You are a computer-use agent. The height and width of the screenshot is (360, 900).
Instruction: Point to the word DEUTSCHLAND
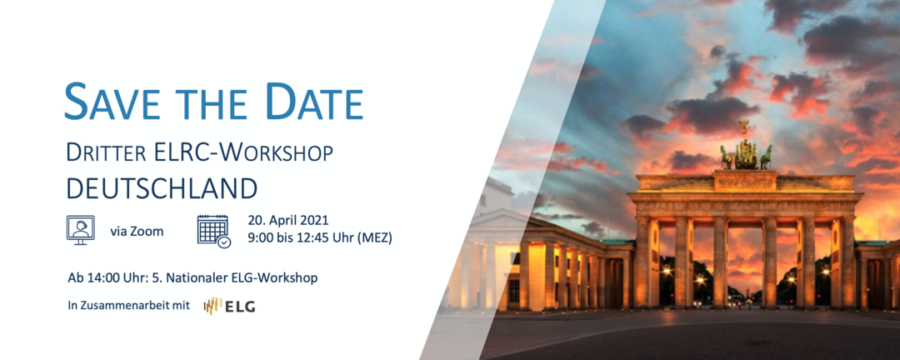(162, 187)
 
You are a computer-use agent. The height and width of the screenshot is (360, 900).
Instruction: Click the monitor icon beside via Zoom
(80, 230)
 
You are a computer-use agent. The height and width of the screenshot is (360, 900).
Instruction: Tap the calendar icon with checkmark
(213, 232)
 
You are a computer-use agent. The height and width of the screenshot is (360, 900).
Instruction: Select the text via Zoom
(137, 232)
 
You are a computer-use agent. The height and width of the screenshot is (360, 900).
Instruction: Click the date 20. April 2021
(288, 221)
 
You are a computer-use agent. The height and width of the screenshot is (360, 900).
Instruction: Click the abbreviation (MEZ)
(375, 237)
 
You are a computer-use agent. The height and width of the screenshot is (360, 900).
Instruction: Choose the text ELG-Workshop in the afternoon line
(283, 278)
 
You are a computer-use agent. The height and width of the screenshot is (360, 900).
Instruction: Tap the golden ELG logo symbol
(213, 306)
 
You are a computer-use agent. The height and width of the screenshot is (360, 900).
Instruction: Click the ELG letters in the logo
(241, 307)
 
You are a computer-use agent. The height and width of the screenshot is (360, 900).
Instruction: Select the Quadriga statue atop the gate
(746, 148)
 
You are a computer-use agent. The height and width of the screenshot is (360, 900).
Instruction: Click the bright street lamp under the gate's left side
(700, 280)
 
